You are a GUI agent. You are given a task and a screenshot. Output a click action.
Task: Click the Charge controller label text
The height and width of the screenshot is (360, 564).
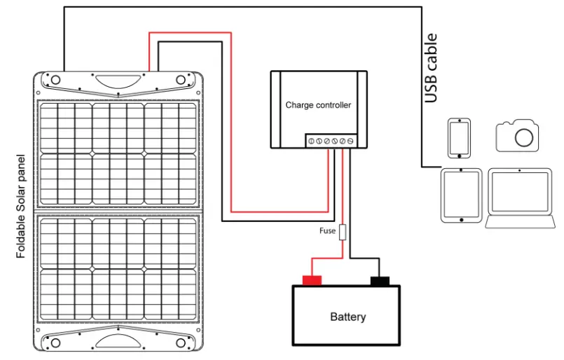[x=318, y=105]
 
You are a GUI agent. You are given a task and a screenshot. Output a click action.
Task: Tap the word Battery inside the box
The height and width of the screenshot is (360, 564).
[x=348, y=317]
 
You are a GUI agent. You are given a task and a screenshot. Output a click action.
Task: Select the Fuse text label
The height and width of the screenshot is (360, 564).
[x=328, y=230]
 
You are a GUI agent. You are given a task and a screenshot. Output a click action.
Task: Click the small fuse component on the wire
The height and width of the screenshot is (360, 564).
[x=343, y=232]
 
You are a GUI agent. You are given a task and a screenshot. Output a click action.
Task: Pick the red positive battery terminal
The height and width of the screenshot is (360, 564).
[x=311, y=281]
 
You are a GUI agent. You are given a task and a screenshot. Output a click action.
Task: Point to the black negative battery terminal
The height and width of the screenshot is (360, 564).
[x=380, y=281]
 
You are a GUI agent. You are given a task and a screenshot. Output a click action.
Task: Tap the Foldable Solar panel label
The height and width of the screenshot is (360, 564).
[x=20, y=207]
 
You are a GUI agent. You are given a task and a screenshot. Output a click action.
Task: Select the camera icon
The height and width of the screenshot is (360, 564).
[x=519, y=134]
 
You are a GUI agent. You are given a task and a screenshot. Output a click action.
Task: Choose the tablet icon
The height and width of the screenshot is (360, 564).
[x=461, y=195]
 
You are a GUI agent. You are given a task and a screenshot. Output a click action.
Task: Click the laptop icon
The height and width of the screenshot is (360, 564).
[x=521, y=198]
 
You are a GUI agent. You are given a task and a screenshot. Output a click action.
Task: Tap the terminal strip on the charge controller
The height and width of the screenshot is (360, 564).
[x=331, y=141]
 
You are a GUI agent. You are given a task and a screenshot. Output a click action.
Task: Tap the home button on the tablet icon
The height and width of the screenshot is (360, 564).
[x=461, y=219]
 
